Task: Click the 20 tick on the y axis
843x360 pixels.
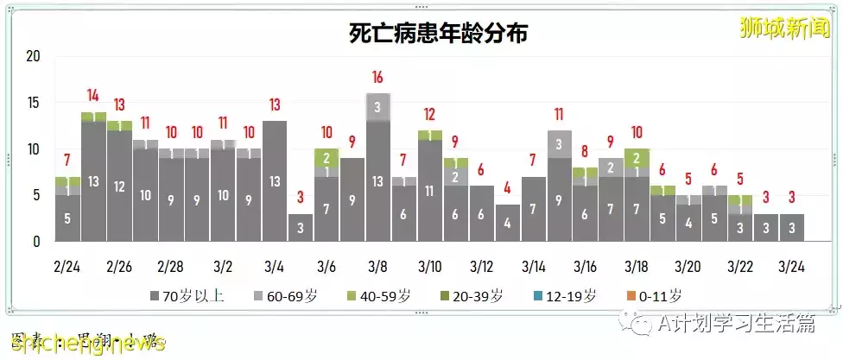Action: (x=34, y=57)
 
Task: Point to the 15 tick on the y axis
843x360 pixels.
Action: (x=34, y=104)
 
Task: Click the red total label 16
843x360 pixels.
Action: (x=377, y=79)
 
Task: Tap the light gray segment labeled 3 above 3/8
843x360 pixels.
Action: (x=377, y=107)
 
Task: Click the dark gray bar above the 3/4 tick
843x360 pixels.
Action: (x=275, y=181)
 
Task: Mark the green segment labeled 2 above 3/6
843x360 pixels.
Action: (x=326, y=158)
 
